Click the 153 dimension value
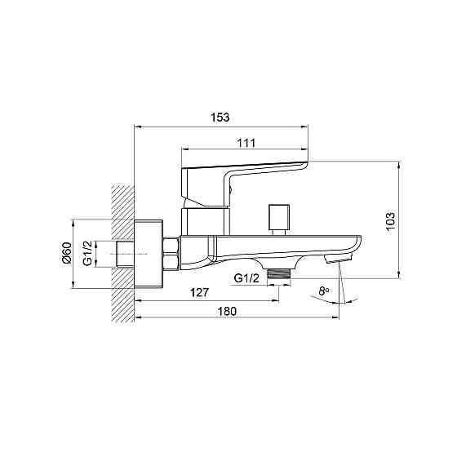click(220, 118)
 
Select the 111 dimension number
click(246, 143)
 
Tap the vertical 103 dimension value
click(390, 221)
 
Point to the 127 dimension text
click(199, 292)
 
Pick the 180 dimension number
click(228, 311)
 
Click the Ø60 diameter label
click(67, 253)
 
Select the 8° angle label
click(324, 291)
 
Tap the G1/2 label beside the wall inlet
click(87, 253)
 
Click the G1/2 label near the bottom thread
click(246, 278)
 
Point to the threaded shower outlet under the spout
click(279, 274)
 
